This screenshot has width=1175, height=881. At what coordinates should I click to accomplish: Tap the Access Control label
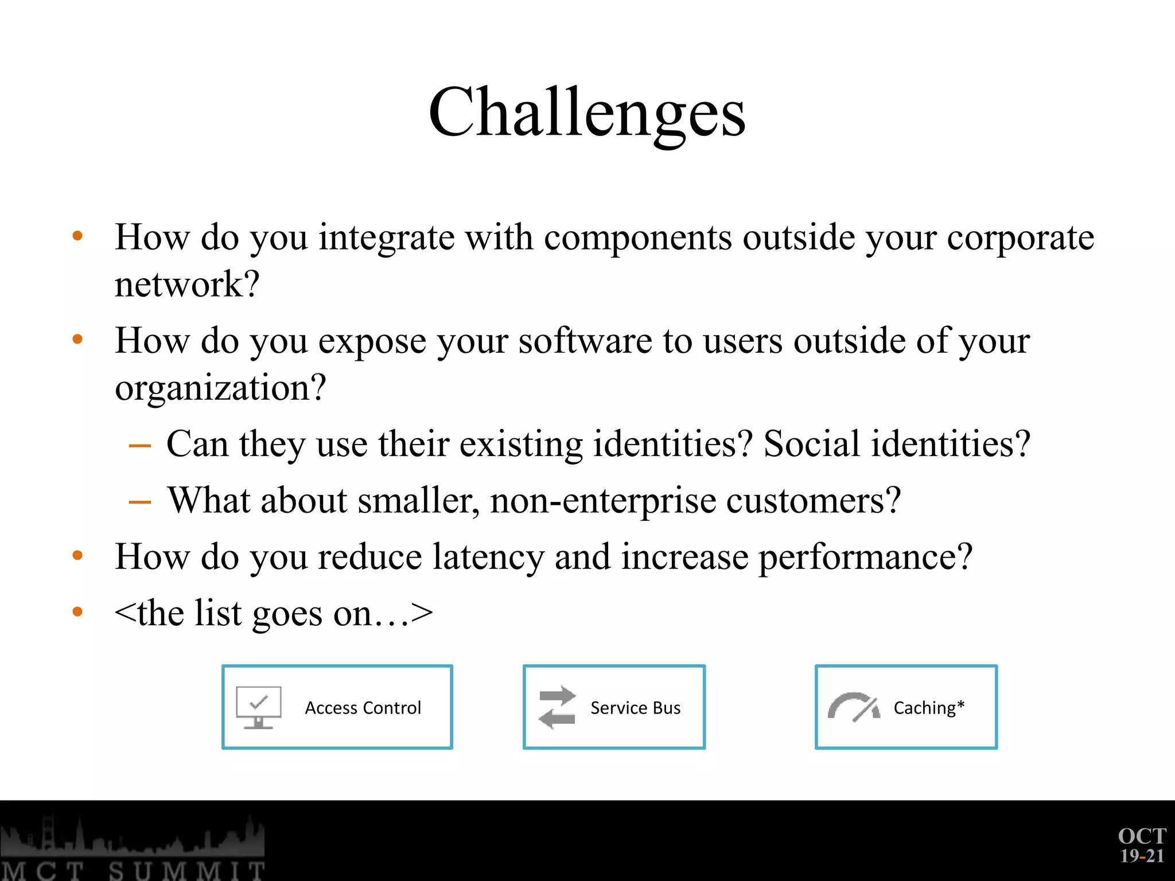click(x=363, y=708)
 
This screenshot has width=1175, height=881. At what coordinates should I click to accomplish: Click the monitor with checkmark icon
click(x=258, y=707)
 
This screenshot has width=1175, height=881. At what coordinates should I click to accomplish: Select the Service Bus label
click(x=635, y=708)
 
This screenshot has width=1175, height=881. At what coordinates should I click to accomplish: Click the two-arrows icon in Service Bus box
click(x=557, y=707)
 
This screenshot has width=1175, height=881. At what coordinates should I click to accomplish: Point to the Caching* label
click(x=928, y=708)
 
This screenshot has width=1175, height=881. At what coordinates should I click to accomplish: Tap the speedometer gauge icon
click(x=853, y=707)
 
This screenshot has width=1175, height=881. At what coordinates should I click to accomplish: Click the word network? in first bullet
click(x=187, y=284)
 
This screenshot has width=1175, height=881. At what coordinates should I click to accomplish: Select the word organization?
click(x=220, y=388)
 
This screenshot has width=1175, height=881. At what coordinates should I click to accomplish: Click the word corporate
click(x=1020, y=237)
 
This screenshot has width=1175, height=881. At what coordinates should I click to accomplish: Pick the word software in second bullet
click(x=585, y=341)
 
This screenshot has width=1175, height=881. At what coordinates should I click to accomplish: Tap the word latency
click(x=488, y=556)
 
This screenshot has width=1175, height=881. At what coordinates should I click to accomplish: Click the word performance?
click(x=865, y=556)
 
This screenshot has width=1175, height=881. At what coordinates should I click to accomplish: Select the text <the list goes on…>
click(x=274, y=613)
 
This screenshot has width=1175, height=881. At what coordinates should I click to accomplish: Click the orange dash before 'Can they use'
click(x=139, y=446)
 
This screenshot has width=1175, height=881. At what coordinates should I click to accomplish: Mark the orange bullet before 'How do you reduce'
click(x=77, y=555)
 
